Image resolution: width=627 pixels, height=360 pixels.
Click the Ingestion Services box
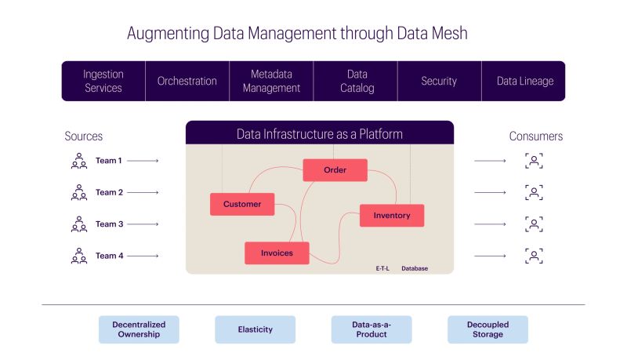coord(103,81)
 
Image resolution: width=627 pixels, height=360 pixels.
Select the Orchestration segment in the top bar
coord(187,81)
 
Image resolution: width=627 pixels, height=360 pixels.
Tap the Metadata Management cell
coord(271,81)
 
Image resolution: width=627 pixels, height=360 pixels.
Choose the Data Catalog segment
coord(356,81)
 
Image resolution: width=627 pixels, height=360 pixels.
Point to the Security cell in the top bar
coord(440,81)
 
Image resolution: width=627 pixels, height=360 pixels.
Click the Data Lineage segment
coord(524,81)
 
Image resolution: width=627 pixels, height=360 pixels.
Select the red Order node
coord(335,170)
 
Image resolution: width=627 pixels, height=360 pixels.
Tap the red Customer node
coord(242,204)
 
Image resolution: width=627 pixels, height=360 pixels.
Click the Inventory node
coord(392,216)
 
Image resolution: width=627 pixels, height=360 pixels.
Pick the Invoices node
coord(277,253)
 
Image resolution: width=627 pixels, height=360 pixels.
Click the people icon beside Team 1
coord(79,161)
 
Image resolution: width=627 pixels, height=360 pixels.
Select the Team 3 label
coord(109,224)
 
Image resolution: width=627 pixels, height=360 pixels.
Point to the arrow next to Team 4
coord(143,256)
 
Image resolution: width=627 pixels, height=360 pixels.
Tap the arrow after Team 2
coord(143,192)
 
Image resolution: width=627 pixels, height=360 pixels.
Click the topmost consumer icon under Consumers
coord(534,161)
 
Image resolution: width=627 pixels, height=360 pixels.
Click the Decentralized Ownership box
coord(139,329)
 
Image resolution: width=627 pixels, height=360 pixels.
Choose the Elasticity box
coord(256,329)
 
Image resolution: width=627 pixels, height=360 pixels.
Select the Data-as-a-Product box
coord(371,329)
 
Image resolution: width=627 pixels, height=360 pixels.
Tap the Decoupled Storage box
coord(487,329)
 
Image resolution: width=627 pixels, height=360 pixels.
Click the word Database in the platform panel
coord(415,268)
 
